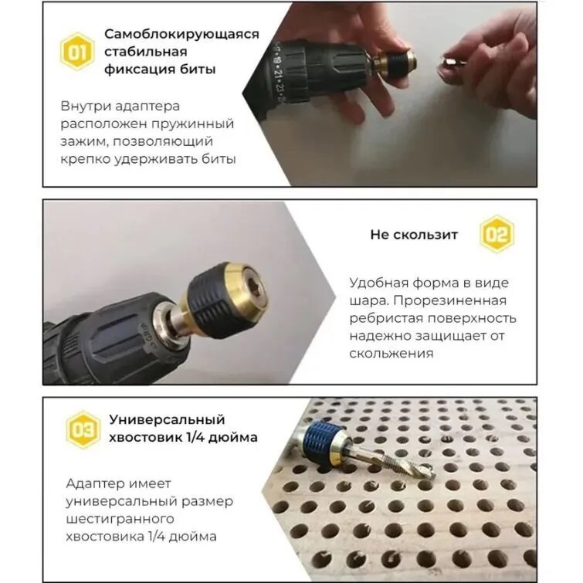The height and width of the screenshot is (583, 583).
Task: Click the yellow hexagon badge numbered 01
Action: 77,52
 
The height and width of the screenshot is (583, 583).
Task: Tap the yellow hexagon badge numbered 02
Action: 496,235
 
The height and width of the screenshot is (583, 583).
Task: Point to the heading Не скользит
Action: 414,235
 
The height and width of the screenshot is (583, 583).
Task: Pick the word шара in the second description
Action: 368,300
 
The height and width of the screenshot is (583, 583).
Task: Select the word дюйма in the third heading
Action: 232,437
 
